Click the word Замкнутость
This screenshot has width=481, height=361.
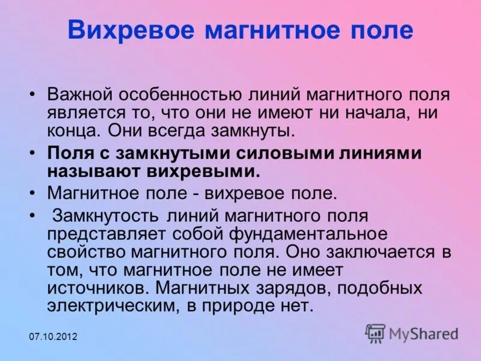pyautogui.click(x=108, y=215)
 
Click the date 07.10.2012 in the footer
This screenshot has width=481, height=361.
pyautogui.click(x=54, y=336)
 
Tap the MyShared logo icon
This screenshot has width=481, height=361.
pyautogui.click(x=376, y=333)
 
